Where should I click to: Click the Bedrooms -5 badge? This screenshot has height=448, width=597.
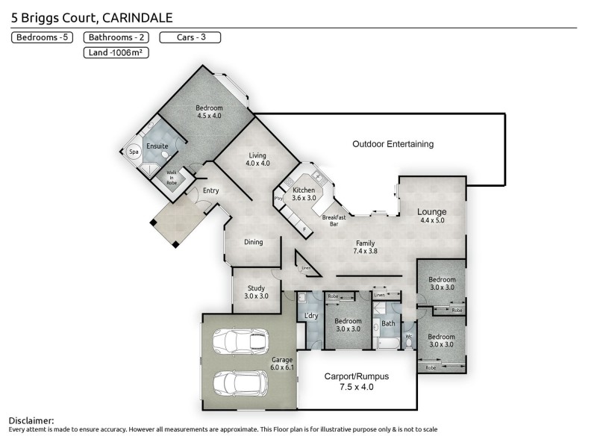pos(43,37)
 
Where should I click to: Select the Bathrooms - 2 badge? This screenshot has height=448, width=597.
pos(114,37)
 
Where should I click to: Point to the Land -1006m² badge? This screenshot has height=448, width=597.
pos(114,52)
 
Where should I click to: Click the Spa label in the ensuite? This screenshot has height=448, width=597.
pos(134,152)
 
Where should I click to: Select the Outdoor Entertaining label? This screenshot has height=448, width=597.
pos(393,144)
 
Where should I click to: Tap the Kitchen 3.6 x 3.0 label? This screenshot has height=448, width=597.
pos(304,195)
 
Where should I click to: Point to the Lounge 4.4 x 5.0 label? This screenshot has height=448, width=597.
pos(431,216)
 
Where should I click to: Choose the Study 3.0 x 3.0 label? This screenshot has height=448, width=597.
pos(256,292)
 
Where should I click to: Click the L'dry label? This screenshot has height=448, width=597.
pos(312,316)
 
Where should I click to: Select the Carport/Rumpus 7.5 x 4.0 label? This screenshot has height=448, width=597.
pos(356,382)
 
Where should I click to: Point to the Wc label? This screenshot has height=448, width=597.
pos(408,335)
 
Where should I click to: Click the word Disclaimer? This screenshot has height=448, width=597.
pos(31,421)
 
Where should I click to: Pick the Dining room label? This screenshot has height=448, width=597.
pos(253,242)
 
